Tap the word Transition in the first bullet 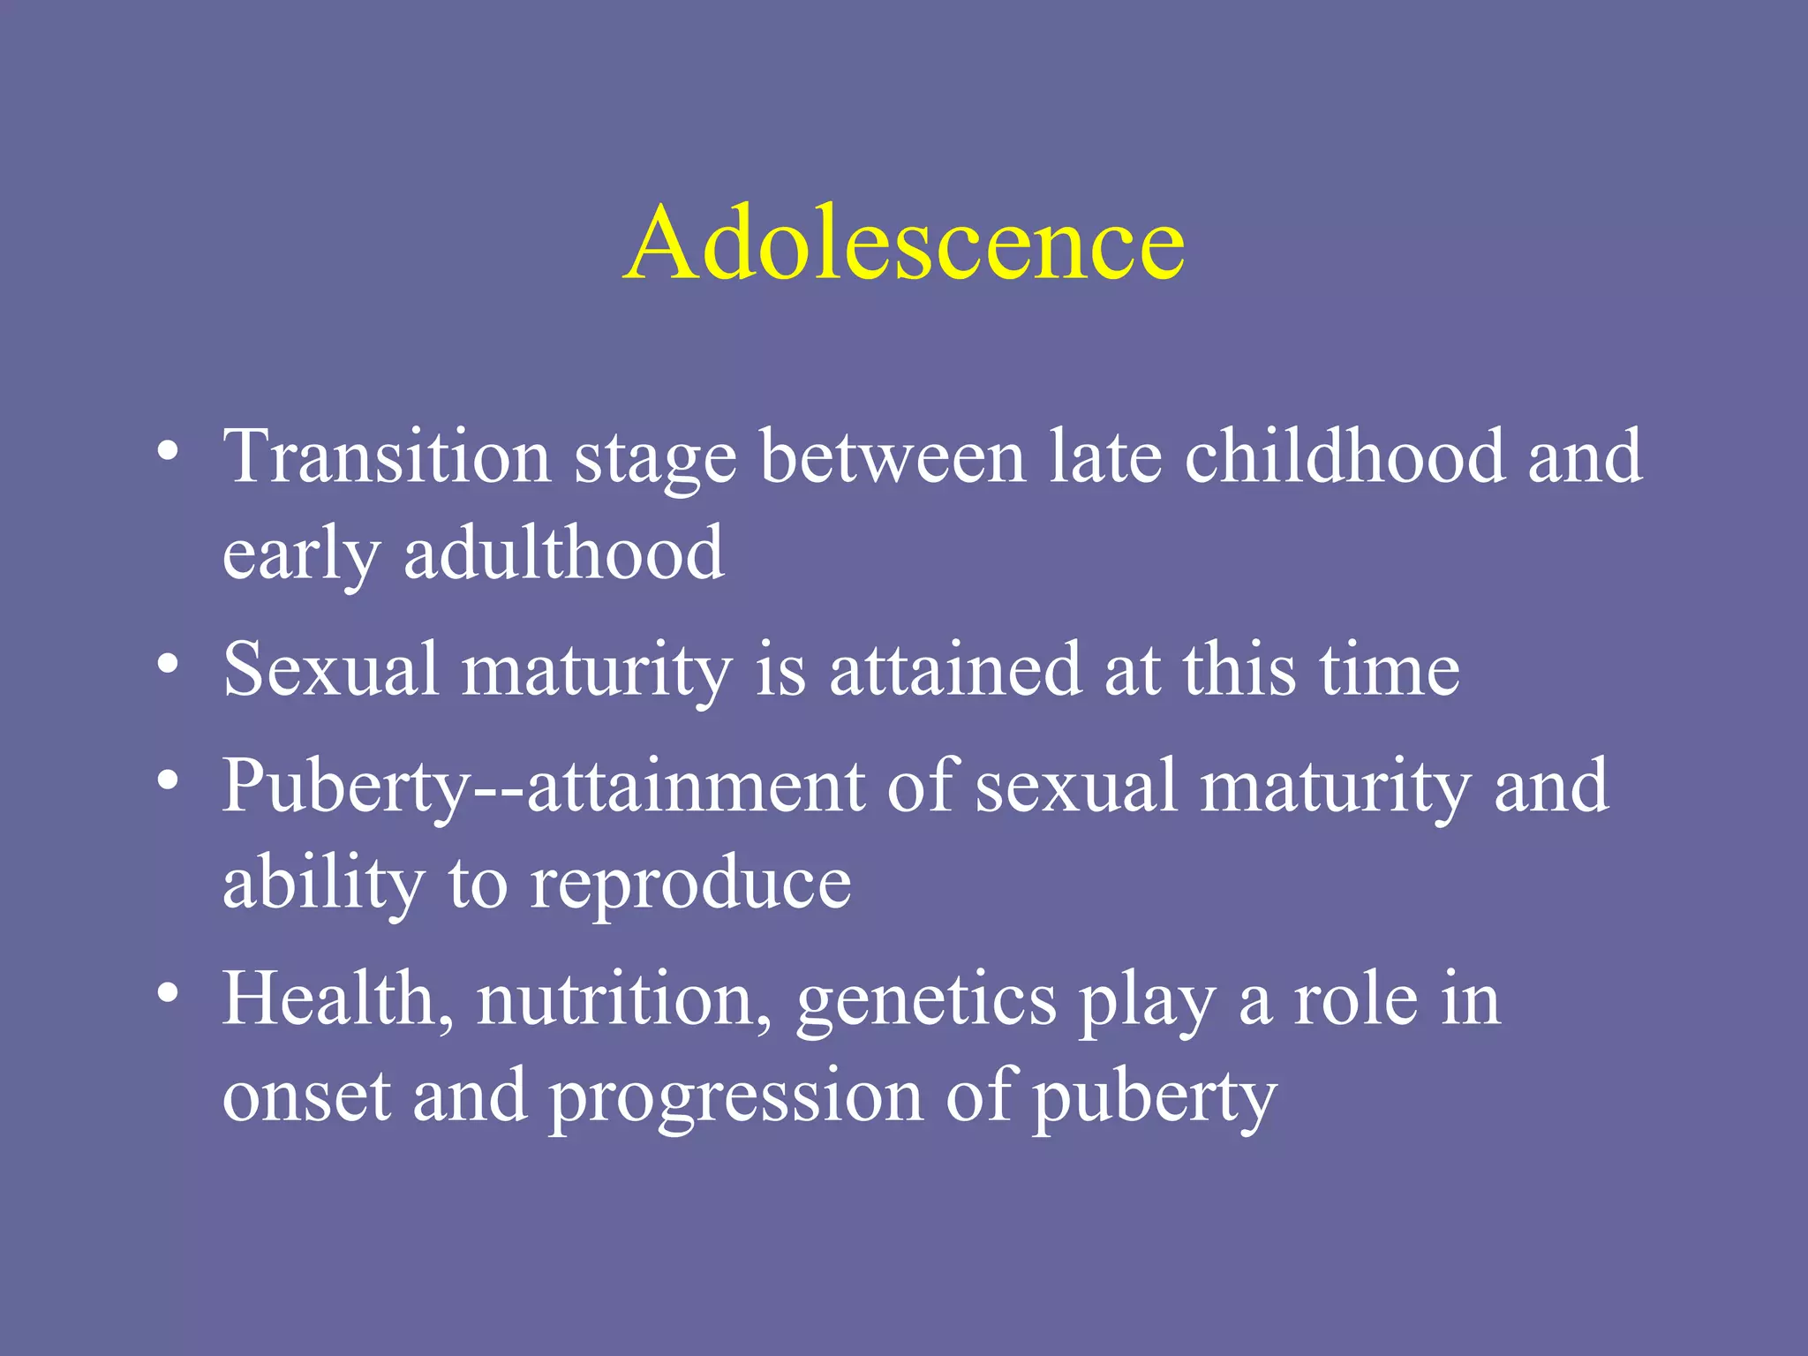[387, 456]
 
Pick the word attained [955, 669]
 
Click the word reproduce [690, 885]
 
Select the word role [1355, 1000]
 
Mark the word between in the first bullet [893, 456]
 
